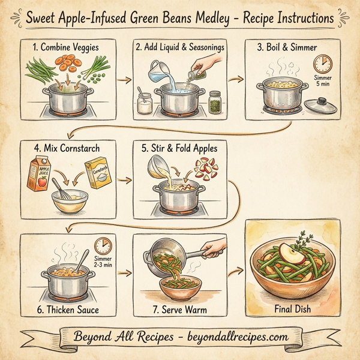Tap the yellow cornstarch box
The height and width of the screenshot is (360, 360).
point(98,175)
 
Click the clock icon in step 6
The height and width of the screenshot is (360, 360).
point(104,247)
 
